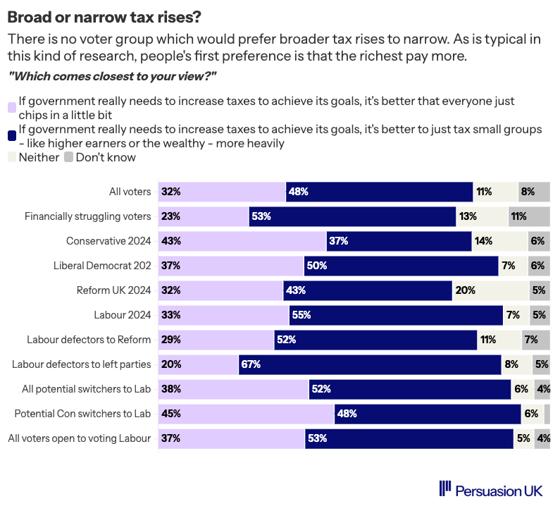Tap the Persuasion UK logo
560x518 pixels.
[x=490, y=490]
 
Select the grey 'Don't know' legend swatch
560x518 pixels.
[x=69, y=157]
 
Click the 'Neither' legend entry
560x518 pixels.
[x=39, y=157]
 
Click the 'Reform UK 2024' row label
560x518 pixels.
[x=113, y=290]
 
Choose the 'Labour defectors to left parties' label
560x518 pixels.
[x=82, y=364]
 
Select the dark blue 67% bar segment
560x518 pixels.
[x=370, y=364]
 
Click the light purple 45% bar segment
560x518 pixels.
[x=245, y=414]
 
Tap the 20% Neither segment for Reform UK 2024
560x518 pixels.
[x=490, y=290]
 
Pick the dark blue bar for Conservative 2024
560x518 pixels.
[x=399, y=241]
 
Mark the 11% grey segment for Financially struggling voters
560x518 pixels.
[x=528, y=216]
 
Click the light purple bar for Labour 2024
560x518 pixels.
[x=223, y=315]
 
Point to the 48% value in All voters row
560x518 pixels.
[x=299, y=192]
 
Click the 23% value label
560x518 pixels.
[x=170, y=216]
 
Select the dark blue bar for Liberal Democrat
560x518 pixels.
[x=401, y=266]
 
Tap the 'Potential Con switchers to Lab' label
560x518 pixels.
[x=83, y=414]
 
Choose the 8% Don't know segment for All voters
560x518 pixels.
[x=533, y=192]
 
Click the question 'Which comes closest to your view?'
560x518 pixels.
[x=111, y=75]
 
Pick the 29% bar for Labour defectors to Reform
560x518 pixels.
[x=216, y=340]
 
